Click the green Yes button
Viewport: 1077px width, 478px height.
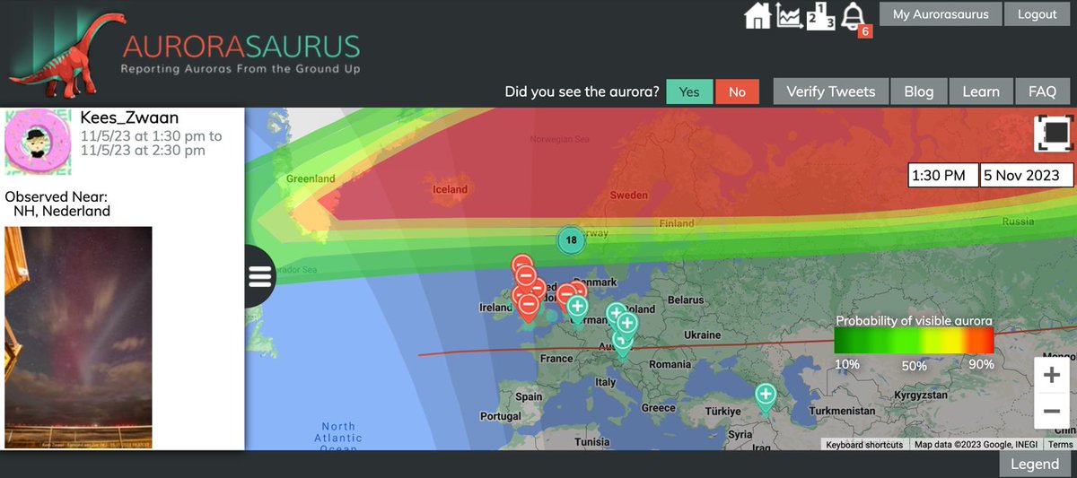(x=689, y=91)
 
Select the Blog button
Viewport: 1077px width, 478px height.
(x=918, y=91)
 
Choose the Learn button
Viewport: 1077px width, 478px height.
(x=980, y=91)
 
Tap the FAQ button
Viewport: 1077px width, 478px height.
(x=1042, y=91)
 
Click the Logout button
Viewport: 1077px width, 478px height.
(x=1037, y=14)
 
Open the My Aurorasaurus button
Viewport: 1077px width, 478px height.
(x=941, y=14)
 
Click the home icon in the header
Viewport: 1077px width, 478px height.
(x=757, y=16)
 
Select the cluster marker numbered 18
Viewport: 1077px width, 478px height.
(x=570, y=239)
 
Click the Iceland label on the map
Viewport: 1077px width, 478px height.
(x=450, y=189)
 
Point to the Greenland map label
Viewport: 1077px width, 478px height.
(x=311, y=178)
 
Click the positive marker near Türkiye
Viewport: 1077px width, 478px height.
(x=765, y=395)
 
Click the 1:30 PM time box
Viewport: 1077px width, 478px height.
(x=940, y=176)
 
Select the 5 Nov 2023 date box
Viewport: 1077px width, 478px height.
(x=1026, y=176)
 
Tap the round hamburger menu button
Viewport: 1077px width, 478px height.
(x=260, y=276)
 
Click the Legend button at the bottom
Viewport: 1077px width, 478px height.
(x=1034, y=464)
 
